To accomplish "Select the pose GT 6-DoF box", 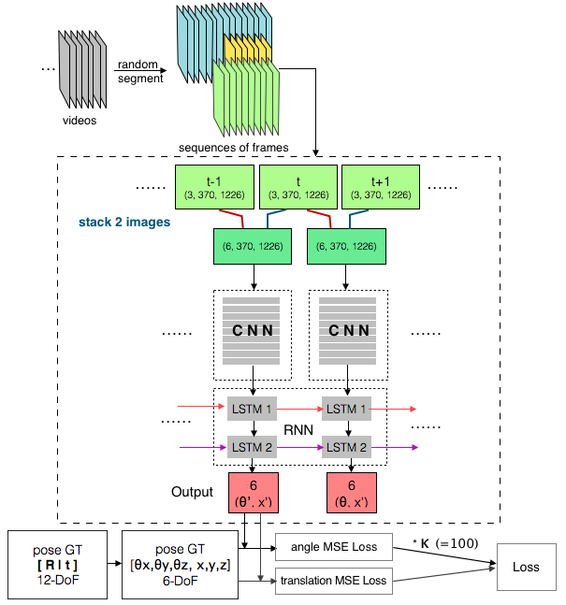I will coord(183,567).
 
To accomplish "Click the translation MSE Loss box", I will coord(332,582).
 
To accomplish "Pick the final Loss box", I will coord(525,567).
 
